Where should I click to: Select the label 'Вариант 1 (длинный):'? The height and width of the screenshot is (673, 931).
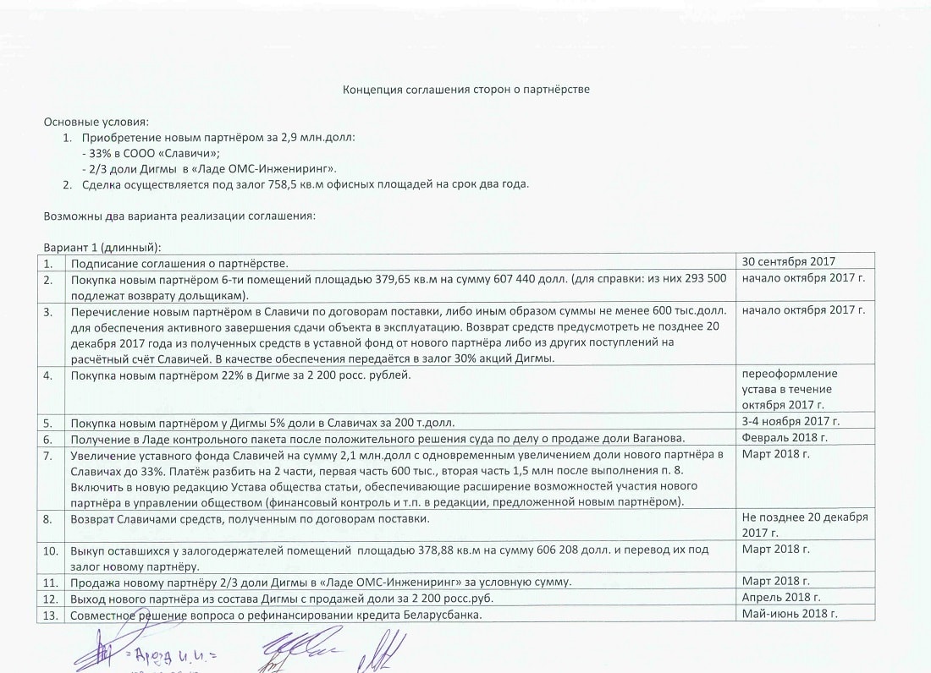[x=102, y=246]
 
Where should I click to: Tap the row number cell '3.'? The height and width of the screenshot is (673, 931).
[x=50, y=311]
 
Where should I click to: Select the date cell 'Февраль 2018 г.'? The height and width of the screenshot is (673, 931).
[x=784, y=437]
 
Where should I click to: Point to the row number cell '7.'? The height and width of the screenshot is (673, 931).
[x=50, y=455]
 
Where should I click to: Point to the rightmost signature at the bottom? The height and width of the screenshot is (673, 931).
[x=385, y=651]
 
